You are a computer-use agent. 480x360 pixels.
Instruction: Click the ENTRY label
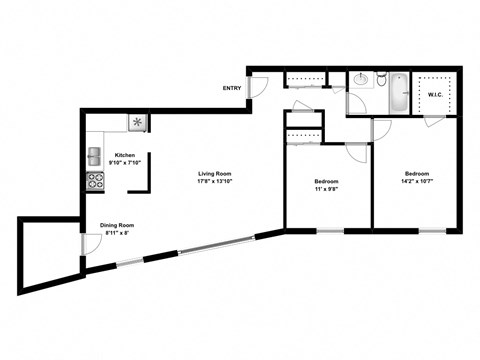point(232,88)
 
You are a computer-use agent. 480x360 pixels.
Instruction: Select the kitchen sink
point(94,155)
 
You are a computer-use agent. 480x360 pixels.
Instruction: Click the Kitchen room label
point(125,155)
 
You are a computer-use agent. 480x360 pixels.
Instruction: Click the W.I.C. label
point(435,96)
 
